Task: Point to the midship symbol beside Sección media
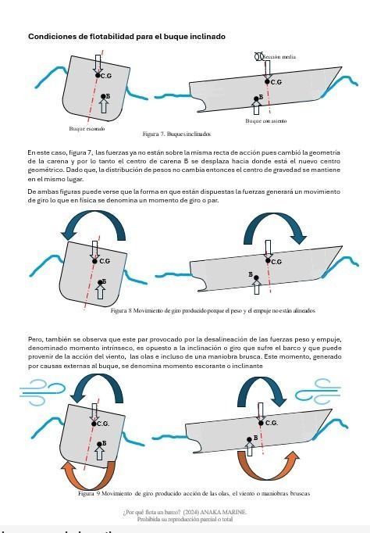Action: click(260, 56)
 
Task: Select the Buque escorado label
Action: click(87, 127)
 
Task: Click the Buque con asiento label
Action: click(265, 121)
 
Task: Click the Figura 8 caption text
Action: click(201, 310)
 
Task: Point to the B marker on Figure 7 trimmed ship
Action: click(261, 97)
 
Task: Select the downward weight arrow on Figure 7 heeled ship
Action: click(98, 63)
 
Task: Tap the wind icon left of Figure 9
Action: click(37, 388)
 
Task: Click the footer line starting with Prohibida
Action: click(184, 518)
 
